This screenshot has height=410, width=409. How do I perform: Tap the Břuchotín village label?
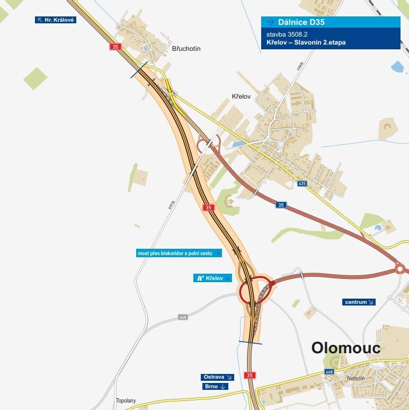[x=186, y=48]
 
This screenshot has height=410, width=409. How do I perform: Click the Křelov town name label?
[x=241, y=97]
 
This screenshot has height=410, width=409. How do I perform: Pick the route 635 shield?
[x=302, y=184]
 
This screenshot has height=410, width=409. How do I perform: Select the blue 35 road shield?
[x=281, y=205]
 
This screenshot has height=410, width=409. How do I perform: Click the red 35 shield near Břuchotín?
[x=115, y=47]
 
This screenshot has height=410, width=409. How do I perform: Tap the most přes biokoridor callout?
[x=179, y=254]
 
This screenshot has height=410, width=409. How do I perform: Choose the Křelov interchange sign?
[x=212, y=278]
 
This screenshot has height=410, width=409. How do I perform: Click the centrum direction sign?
[x=359, y=302]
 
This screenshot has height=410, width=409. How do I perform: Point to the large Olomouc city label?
[x=346, y=348]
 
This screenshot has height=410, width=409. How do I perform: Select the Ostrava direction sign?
[x=218, y=377]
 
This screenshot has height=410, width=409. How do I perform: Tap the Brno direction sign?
[x=216, y=387]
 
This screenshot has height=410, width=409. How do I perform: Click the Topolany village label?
[x=126, y=400]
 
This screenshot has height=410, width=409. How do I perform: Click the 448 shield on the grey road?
[x=183, y=317]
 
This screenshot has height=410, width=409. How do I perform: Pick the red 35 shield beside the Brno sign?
[x=251, y=375]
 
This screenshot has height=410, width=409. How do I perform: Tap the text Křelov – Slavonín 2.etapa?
[x=306, y=42]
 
